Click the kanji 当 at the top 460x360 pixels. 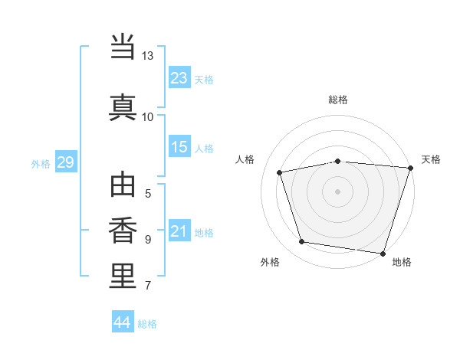point(123,46)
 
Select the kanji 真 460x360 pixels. point(123,107)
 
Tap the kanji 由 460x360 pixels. point(123,185)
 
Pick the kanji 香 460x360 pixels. point(123,231)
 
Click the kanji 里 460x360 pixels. point(123,276)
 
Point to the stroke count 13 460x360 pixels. point(147,56)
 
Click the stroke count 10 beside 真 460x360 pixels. point(147,117)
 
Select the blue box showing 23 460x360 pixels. point(179,77)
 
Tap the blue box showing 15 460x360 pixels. point(179,146)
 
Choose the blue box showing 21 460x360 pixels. point(179,230)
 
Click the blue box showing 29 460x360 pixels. point(66,162)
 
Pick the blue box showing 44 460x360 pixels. point(123,321)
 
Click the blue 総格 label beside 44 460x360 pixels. point(147,324)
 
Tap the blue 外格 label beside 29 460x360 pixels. point(41,164)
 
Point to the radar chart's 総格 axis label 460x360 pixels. point(338,100)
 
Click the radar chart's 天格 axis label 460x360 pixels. point(431,159)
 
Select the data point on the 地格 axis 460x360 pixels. point(383,254)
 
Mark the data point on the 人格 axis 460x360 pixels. point(280,172)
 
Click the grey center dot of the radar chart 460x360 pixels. point(337,191)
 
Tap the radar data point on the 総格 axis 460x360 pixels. point(338,162)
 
